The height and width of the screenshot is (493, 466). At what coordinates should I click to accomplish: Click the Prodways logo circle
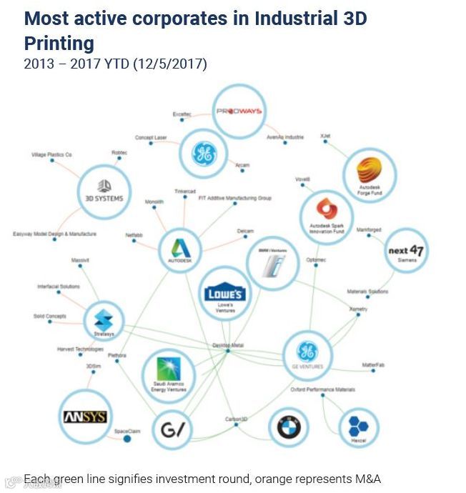(x=239, y=111)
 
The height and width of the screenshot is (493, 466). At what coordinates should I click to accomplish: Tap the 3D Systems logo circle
(x=104, y=191)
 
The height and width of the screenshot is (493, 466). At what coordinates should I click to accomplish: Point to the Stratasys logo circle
(x=104, y=322)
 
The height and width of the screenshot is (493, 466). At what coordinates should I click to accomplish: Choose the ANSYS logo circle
(x=85, y=417)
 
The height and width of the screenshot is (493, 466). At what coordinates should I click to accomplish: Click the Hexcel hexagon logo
(x=358, y=427)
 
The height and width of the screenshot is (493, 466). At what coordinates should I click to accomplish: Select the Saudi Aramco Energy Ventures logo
(x=169, y=373)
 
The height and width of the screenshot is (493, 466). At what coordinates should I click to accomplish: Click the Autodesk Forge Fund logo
(x=370, y=176)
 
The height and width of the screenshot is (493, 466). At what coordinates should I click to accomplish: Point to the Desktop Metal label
(x=228, y=345)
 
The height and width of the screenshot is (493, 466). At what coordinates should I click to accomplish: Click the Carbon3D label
(x=236, y=419)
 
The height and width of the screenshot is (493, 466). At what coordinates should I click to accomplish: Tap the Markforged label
(x=369, y=230)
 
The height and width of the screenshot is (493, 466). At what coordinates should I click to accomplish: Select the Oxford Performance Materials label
(x=322, y=389)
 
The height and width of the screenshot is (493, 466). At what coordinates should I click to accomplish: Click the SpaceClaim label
(x=127, y=431)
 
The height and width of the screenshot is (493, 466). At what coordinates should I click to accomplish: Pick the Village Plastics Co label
(x=51, y=154)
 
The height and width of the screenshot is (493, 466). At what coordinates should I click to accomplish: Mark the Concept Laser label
(x=151, y=137)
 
